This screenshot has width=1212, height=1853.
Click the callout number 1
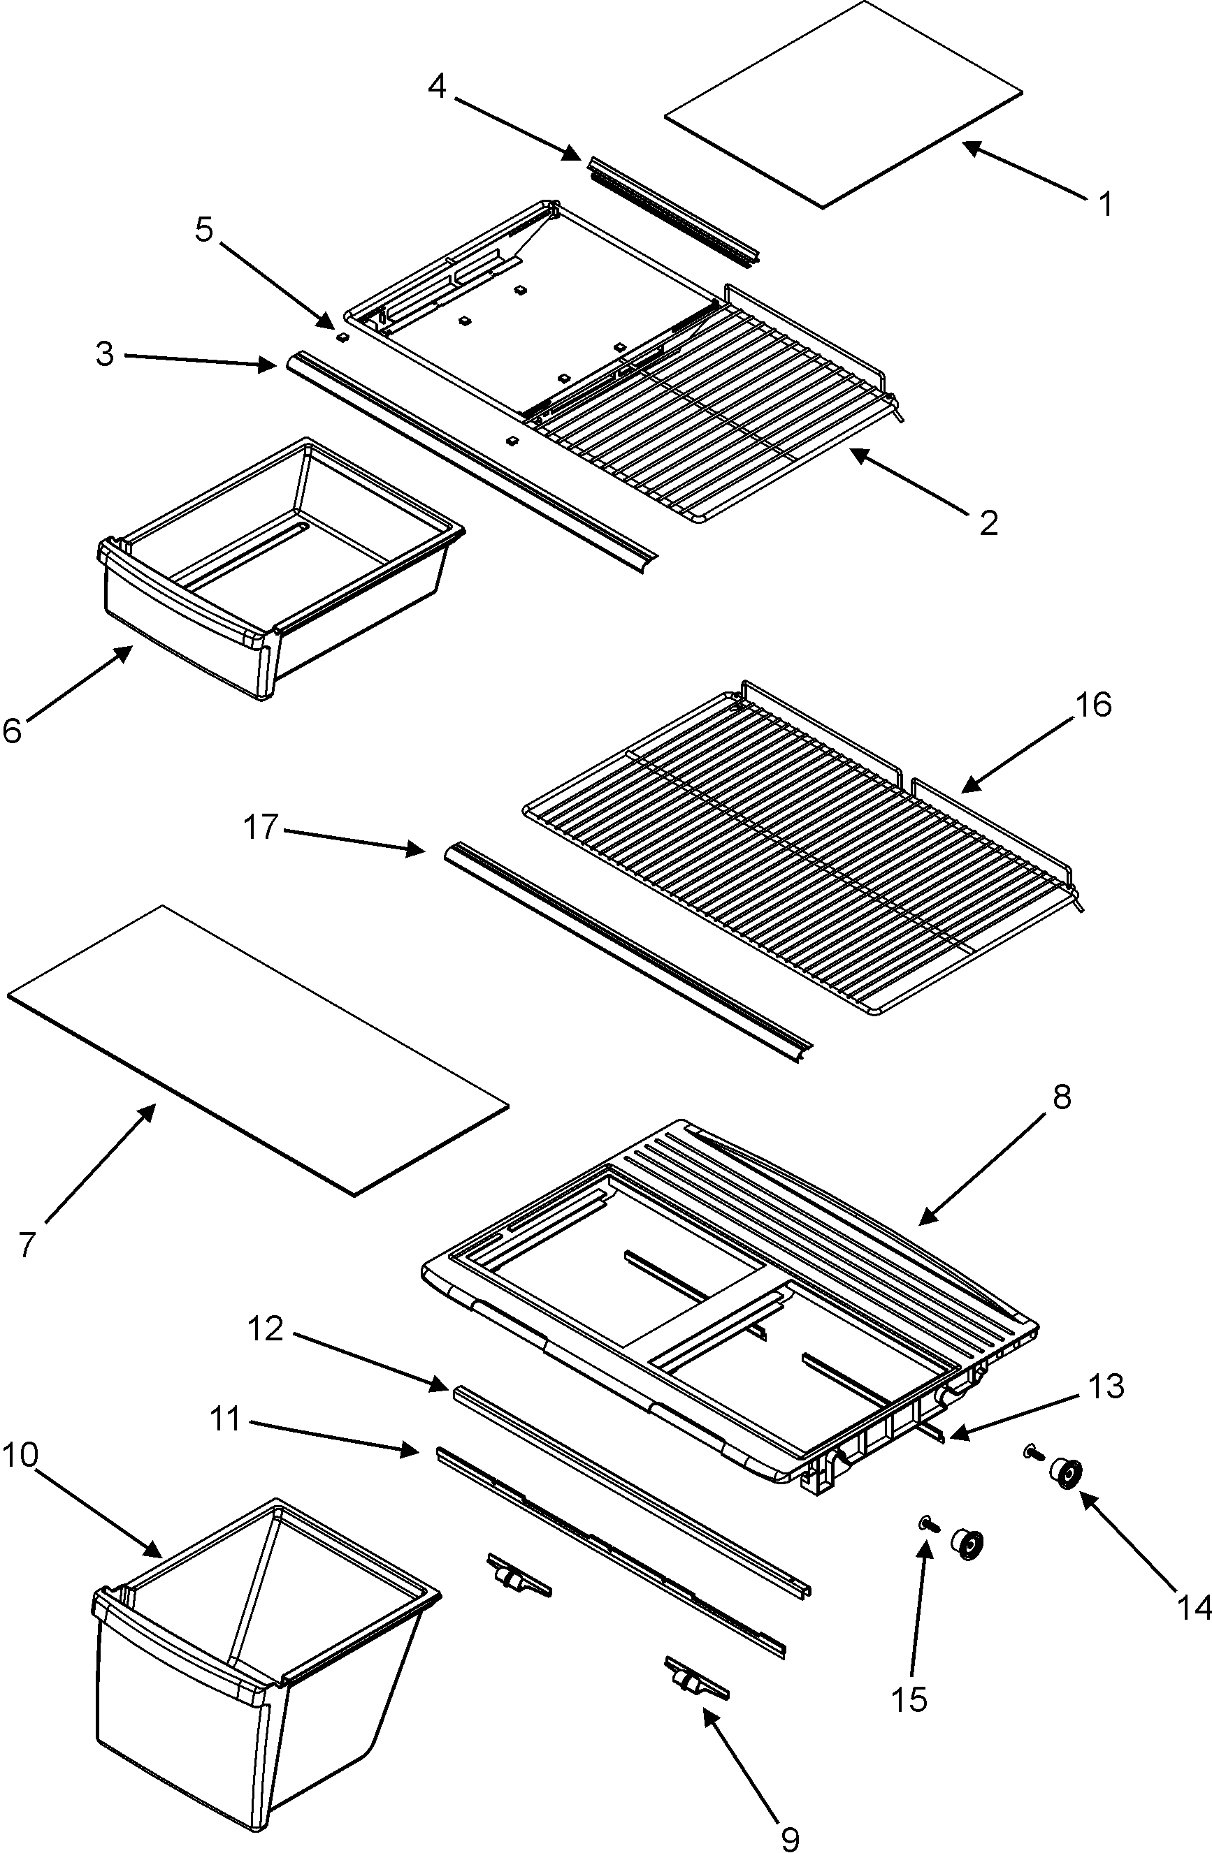coord(1104,204)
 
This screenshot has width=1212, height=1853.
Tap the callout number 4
coord(437,87)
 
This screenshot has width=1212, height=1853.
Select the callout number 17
coord(261,827)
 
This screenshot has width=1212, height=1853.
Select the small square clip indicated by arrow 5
coord(342,337)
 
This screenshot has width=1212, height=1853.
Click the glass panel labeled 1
coord(843,105)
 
